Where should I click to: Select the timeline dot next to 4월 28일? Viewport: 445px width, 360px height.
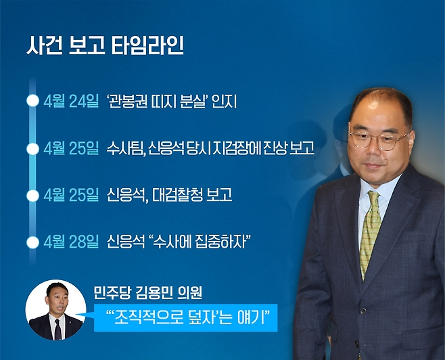(x=31, y=242)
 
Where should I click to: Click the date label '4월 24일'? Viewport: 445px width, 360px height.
(x=70, y=102)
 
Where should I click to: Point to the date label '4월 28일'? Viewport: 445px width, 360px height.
(x=70, y=242)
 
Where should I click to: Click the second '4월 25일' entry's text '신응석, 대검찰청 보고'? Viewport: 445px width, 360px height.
(x=169, y=196)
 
